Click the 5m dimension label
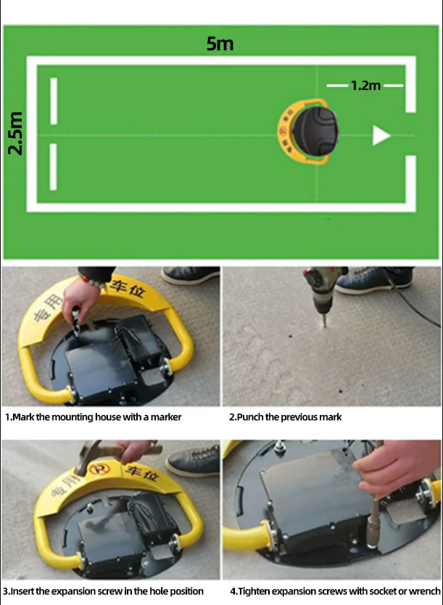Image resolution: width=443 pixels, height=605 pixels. (220, 44)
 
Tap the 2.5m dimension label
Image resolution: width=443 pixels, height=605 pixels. (16, 133)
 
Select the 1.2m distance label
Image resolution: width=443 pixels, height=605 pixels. (365, 86)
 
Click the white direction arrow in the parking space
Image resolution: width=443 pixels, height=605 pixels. (381, 135)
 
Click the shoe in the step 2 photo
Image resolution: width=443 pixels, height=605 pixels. (372, 280)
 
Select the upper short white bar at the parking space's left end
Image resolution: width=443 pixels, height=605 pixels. (54, 101)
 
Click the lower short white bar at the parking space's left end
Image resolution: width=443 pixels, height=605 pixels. (54, 167)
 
